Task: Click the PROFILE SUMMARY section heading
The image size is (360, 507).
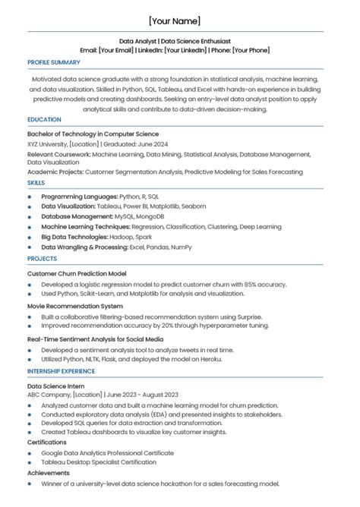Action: (54, 62)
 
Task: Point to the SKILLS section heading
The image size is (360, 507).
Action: (36, 183)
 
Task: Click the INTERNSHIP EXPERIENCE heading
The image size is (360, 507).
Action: (62, 371)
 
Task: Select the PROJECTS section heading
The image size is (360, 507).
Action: (41, 258)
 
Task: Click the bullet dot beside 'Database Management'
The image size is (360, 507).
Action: (30, 216)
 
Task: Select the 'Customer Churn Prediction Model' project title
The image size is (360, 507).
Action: (77, 273)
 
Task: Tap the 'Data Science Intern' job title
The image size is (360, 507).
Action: (56, 386)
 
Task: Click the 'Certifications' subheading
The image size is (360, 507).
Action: (47, 442)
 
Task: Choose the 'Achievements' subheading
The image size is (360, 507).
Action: (48, 472)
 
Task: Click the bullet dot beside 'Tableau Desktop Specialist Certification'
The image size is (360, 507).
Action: (30, 462)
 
